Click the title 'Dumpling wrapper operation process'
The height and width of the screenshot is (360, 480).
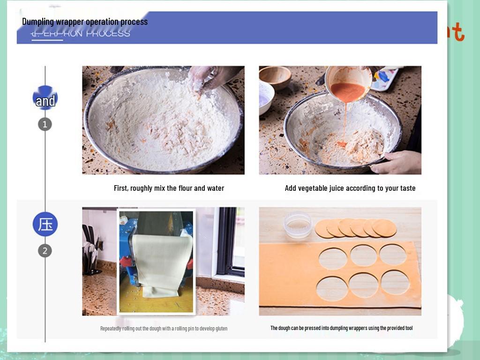click(85, 22)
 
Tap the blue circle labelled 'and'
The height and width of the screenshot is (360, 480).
click(45, 100)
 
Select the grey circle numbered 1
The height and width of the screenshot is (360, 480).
click(45, 124)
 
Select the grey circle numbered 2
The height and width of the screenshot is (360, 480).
click(45, 250)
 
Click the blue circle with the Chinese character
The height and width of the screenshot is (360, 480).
click(45, 224)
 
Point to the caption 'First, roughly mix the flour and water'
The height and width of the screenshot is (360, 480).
click(169, 188)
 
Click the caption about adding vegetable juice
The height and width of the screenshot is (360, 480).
click(350, 188)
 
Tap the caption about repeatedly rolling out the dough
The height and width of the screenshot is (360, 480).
click(164, 328)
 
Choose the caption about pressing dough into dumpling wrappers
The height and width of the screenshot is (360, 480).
click(341, 328)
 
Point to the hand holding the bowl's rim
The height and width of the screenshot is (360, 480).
click(397, 162)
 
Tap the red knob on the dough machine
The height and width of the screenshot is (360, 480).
click(126, 261)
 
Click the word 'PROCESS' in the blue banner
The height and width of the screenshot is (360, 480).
click(108, 33)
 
